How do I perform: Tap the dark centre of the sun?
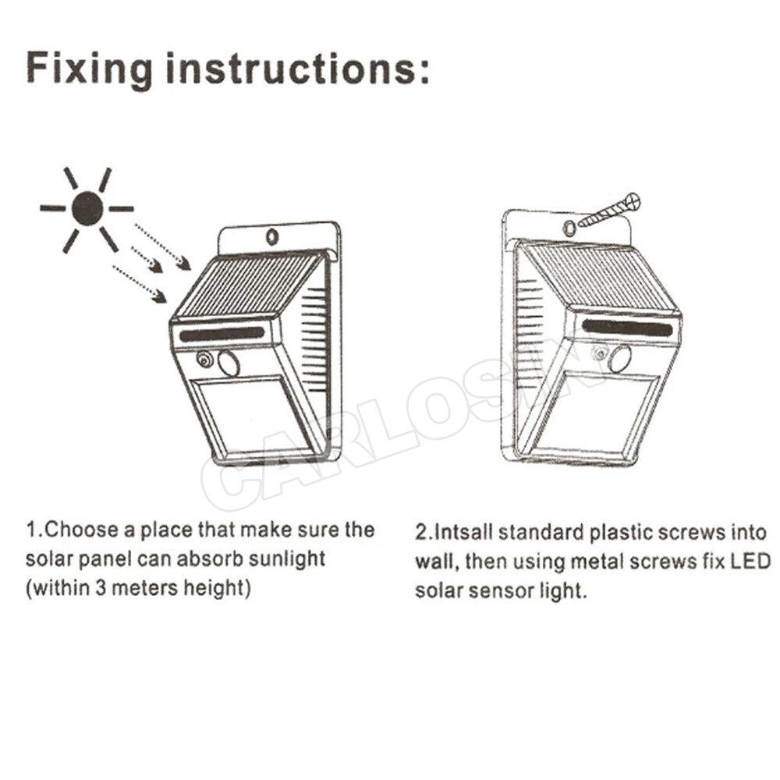[x=87, y=208]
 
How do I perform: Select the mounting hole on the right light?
[x=570, y=227]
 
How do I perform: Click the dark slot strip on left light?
[x=222, y=334]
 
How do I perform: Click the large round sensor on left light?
[x=229, y=363]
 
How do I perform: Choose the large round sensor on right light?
[x=620, y=359]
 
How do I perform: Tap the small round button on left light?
[x=204, y=360]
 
